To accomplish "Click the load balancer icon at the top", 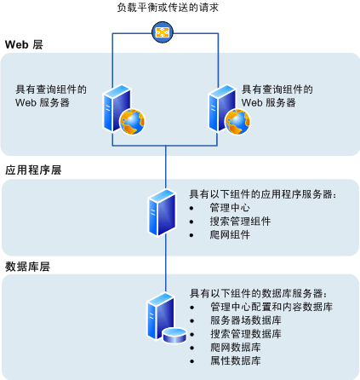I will coord(162,33).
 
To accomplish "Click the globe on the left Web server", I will coord(131,123).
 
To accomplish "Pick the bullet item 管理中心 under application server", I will coord(230,207).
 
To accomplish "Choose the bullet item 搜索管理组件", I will coord(240,221).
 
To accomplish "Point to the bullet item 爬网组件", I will coord(230,234).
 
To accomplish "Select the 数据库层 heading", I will coord(28,266).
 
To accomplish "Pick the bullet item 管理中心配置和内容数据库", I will coord(271,306).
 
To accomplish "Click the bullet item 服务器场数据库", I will coord(250,320).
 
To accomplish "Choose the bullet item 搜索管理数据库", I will coord(250,333).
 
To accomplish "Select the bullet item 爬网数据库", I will coord(235,347).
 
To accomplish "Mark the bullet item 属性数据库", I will coord(235,360).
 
